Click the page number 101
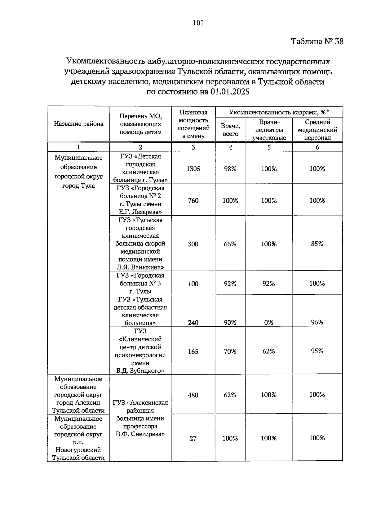(x=198, y=23)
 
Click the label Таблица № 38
(x=317, y=41)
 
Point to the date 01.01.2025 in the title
(x=229, y=92)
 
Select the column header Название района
(x=78, y=124)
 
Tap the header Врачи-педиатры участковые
(x=269, y=130)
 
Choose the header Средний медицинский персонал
(x=317, y=130)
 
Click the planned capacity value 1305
(x=193, y=169)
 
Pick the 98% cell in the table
(x=230, y=169)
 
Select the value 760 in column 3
(x=193, y=201)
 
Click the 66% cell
(x=230, y=244)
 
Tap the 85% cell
(x=317, y=244)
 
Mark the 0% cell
(x=268, y=323)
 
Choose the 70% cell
(x=230, y=351)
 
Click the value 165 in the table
(x=193, y=351)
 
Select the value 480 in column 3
(x=193, y=395)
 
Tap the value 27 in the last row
(x=193, y=438)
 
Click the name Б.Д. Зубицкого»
(x=140, y=371)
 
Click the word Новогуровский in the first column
(x=78, y=450)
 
